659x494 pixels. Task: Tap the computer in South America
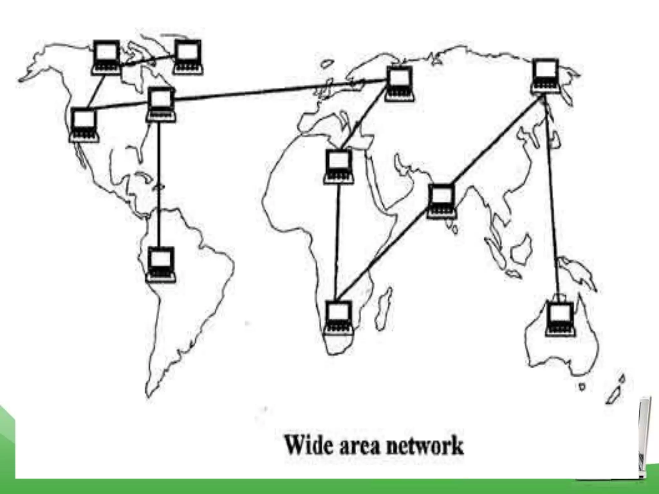coord(161,264)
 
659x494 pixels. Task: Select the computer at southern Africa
coord(339,317)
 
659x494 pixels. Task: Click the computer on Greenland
coord(188,57)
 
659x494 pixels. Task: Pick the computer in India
coord(442,201)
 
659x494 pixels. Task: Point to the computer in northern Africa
coord(339,167)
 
